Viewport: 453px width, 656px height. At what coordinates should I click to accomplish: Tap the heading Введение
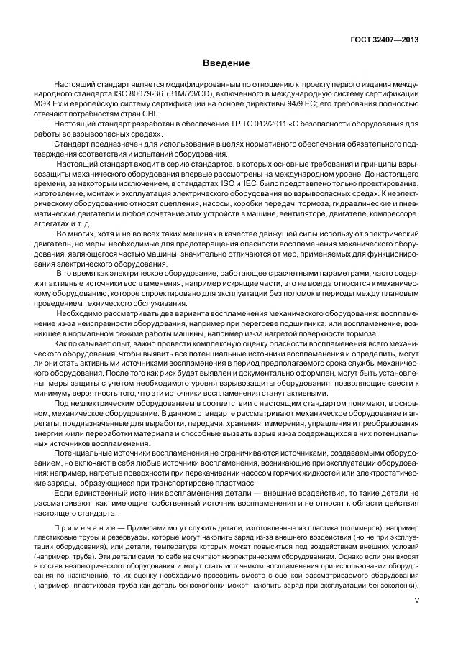pyautogui.click(x=226, y=63)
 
